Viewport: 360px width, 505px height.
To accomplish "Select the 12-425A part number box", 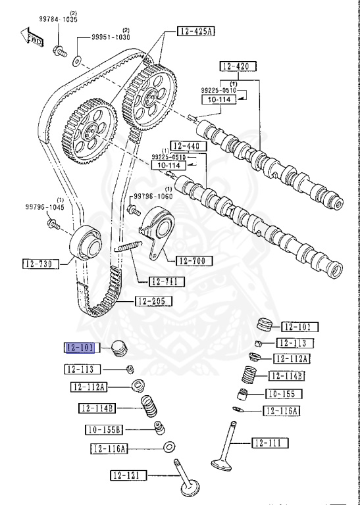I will click(195, 30).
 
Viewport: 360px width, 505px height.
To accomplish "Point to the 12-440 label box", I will click(185, 146).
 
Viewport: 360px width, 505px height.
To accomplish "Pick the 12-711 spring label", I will click(167, 281).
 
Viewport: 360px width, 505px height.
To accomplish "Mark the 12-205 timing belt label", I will click(153, 302).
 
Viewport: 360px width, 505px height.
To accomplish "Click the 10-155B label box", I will click(104, 430).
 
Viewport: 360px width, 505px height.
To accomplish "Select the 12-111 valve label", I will click(270, 443).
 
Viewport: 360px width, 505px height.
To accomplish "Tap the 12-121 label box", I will click(128, 475).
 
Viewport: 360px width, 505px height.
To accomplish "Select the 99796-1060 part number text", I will click(155, 196).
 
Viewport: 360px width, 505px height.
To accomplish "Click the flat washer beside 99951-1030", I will click(78, 60).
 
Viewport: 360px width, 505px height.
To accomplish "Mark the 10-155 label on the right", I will click(284, 394).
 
